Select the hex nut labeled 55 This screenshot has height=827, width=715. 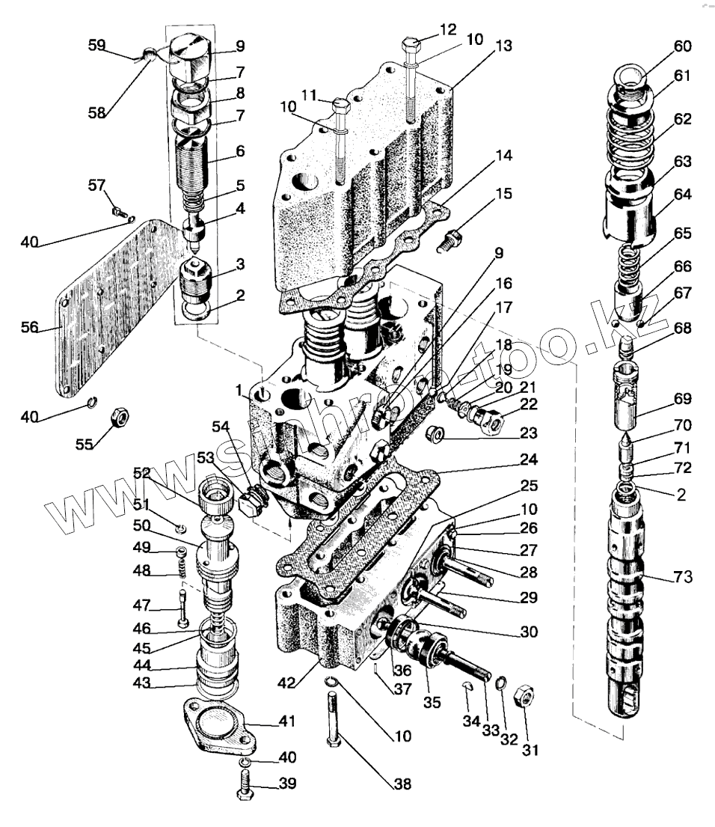[119, 418]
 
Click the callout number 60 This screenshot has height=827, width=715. [681, 46]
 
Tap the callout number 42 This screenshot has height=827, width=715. [304, 682]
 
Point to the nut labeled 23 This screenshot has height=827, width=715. [435, 433]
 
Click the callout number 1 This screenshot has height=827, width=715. [238, 391]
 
